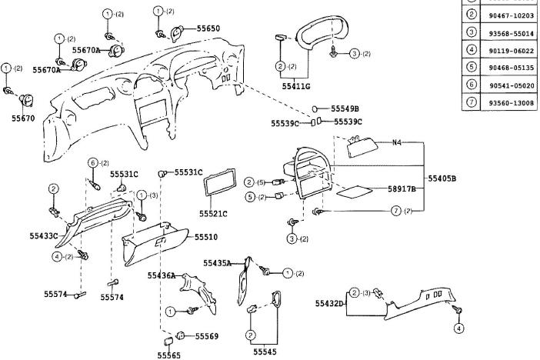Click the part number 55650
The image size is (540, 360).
point(208,28)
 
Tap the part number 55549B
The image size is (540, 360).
point(345,108)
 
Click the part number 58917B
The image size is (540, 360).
point(402,188)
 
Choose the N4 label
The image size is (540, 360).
point(397,142)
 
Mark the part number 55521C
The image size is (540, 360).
point(215,212)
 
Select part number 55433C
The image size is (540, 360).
point(45,235)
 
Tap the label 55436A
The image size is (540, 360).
point(162,275)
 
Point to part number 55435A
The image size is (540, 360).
point(218,263)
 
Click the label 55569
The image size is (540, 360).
point(207,336)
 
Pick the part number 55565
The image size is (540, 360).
point(169,355)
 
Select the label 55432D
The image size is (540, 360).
point(329,304)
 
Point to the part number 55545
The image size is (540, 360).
point(265,352)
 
